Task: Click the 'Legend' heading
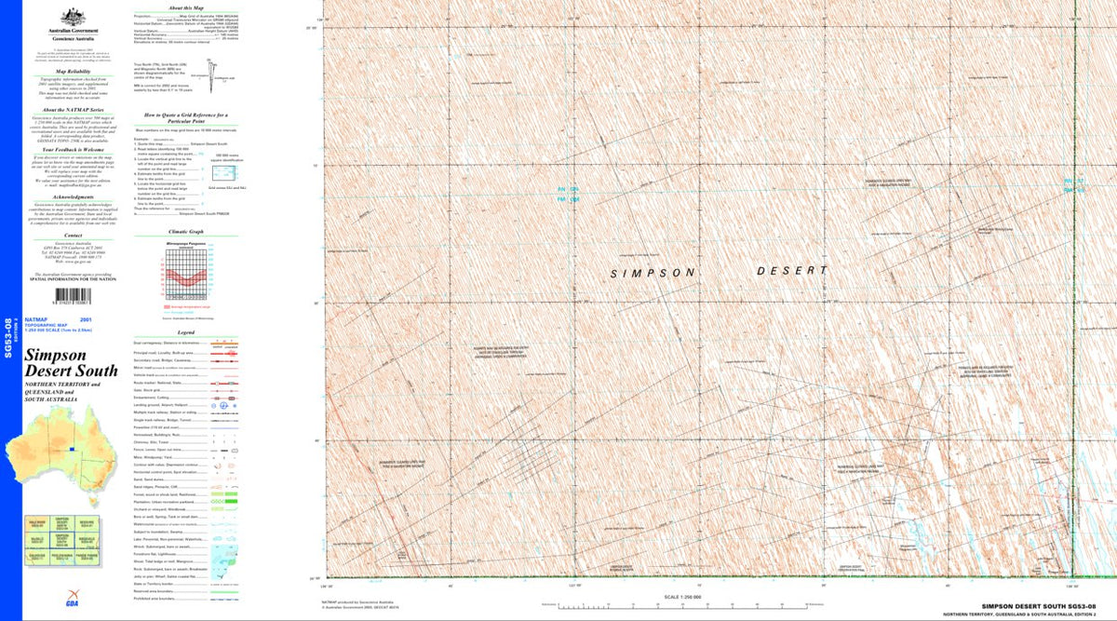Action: pyautogui.click(x=185, y=331)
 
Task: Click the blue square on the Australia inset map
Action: pyautogui.click(x=71, y=450)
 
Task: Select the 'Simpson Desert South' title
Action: pyautogui.click(x=71, y=363)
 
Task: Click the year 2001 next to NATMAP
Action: pyautogui.click(x=112, y=319)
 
